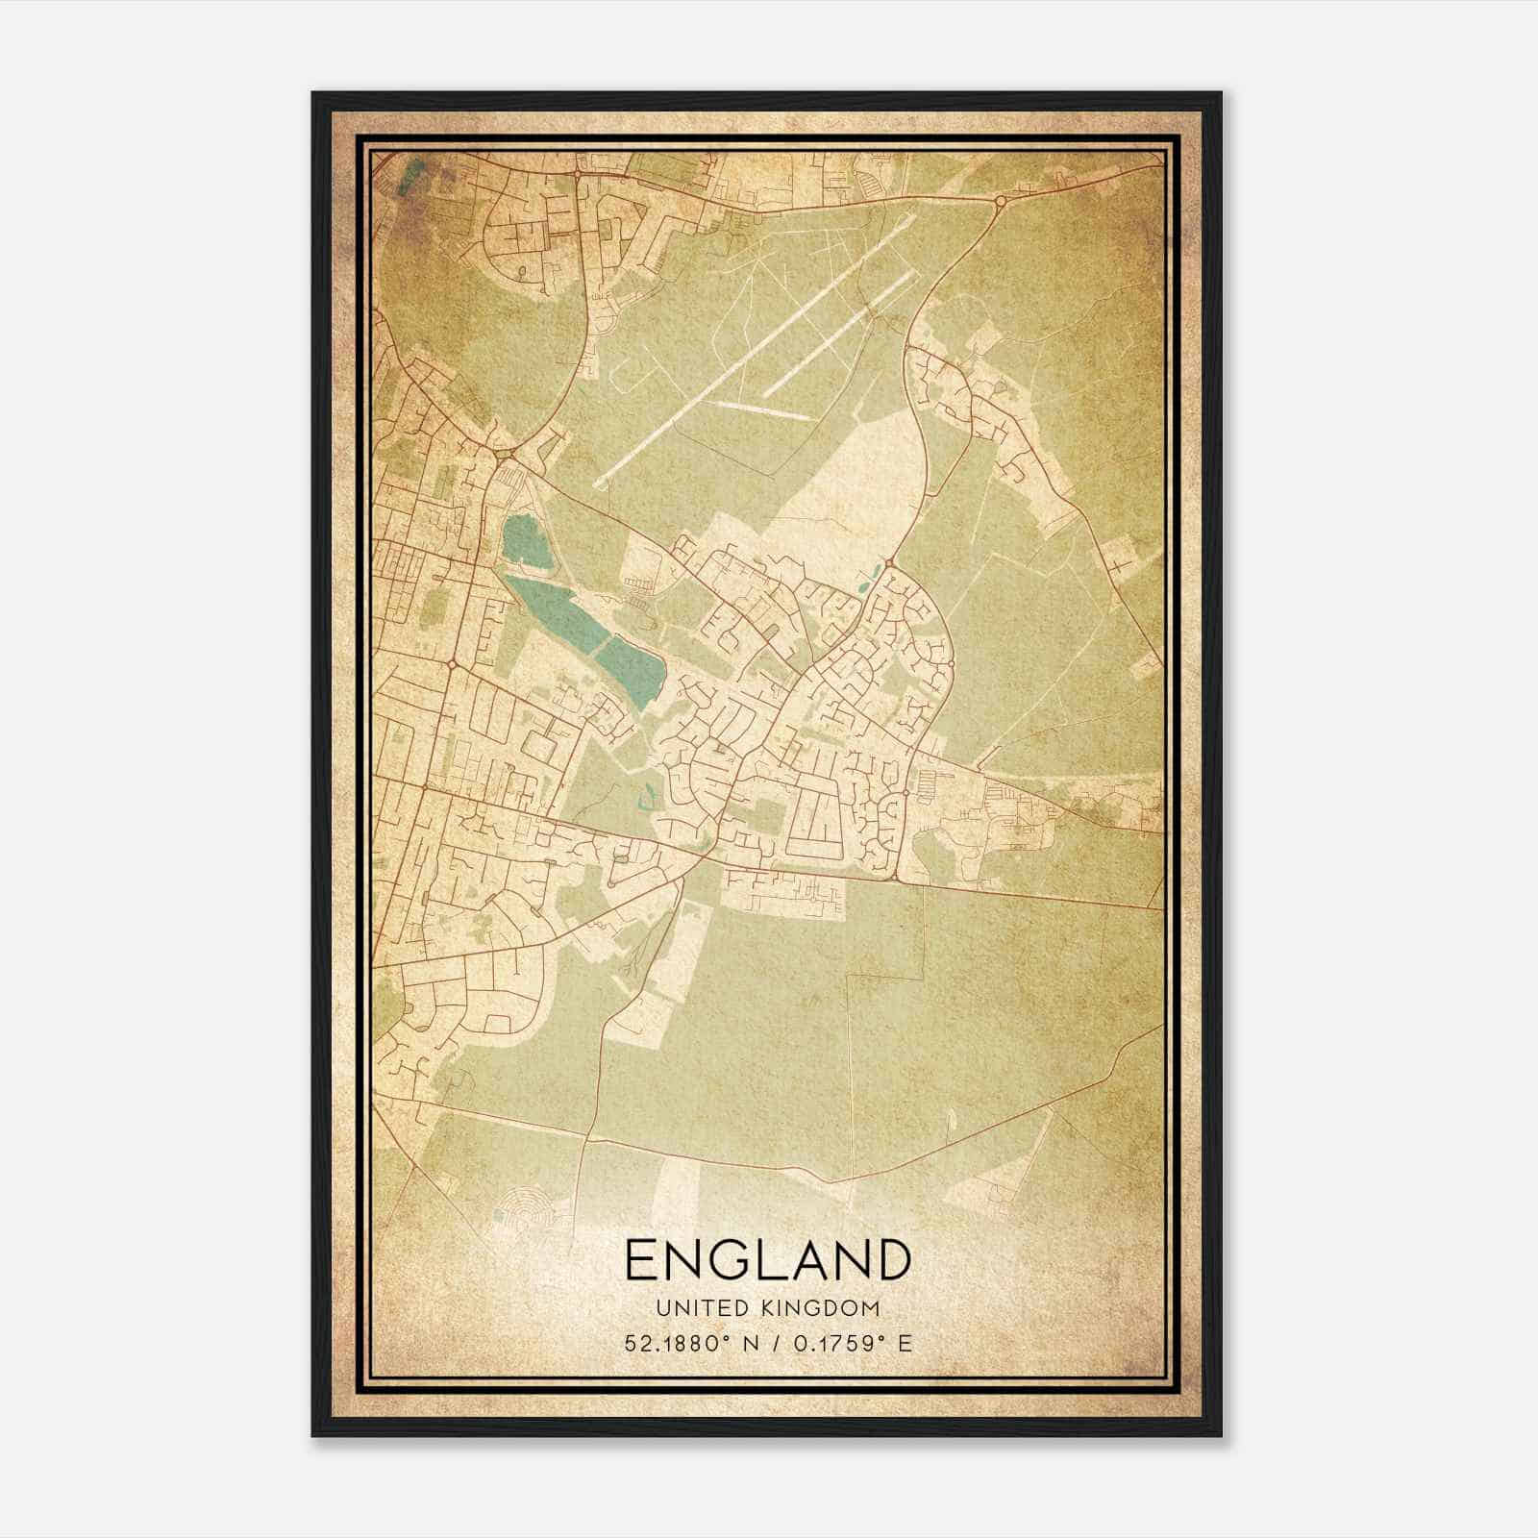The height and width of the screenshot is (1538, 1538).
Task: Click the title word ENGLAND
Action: click(x=767, y=1259)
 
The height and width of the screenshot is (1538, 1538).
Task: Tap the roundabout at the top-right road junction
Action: click(x=1001, y=201)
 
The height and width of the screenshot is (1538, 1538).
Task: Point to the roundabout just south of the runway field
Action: click(x=890, y=562)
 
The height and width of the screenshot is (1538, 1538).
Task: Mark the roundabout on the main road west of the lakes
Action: click(x=451, y=663)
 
